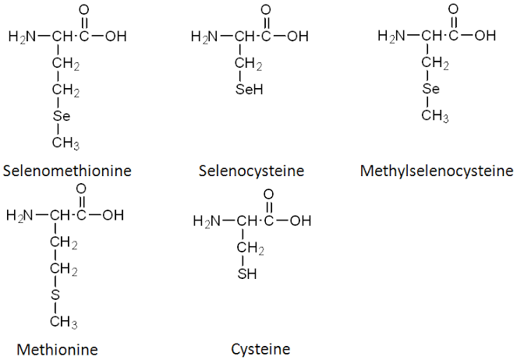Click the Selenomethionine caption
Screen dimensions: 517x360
pyautogui.click(x=67, y=171)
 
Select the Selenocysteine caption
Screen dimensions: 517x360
pyautogui.click(x=251, y=171)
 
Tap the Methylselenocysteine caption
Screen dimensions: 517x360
pyautogui.click(x=437, y=171)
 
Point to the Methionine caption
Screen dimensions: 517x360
pyautogui.click(x=57, y=349)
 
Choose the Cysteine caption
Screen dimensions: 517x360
pyautogui.click(x=260, y=349)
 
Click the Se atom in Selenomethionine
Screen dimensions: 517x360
pyautogui.click(x=62, y=116)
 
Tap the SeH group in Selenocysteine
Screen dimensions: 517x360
pyautogui.click(x=250, y=90)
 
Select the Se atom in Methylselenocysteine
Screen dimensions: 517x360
pyautogui.click(x=431, y=89)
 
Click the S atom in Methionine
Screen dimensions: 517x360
pyautogui.click(x=55, y=295)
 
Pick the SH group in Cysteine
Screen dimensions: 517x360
pyautogui.click(x=247, y=274)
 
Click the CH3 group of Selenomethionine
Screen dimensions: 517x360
pyautogui.click(x=66, y=143)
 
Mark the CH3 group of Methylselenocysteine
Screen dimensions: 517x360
pyautogui.click(x=435, y=116)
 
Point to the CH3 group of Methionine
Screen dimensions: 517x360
pyautogui.click(x=64, y=322)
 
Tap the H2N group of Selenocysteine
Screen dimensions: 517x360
pyautogui.click(x=204, y=37)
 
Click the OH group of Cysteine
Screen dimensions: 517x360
pyautogui.click(x=300, y=221)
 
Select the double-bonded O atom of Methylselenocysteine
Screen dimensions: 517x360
pyautogui.click(x=453, y=9)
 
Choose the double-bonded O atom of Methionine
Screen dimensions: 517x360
pyautogui.click(x=81, y=189)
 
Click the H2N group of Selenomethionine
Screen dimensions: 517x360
pyautogui.click(x=22, y=37)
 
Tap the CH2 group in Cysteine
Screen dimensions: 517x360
pyautogui.click(x=250, y=248)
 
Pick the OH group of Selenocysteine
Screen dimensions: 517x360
pyautogui.click(x=298, y=36)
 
